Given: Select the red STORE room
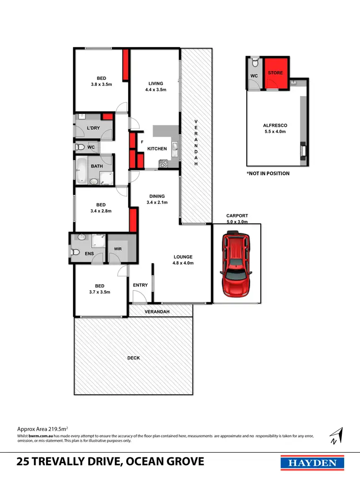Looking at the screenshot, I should coord(276,73).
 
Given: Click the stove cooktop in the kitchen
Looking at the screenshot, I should coord(164,164).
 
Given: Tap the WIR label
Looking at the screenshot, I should coord(118,249).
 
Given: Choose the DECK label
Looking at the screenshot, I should coord(133,358).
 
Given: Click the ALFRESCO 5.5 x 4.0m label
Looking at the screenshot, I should coord(275,128).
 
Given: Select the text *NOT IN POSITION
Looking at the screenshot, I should coord(268,173).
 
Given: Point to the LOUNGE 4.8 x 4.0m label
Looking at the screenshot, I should coord(183,260).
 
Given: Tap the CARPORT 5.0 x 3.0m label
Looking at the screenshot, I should coord(237,219).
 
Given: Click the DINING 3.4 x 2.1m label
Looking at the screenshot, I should coord(157,199).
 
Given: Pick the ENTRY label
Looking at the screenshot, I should coord(140,285).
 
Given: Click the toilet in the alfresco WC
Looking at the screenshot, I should coord(255,62).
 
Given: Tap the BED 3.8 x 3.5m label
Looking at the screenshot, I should coord(101,81).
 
